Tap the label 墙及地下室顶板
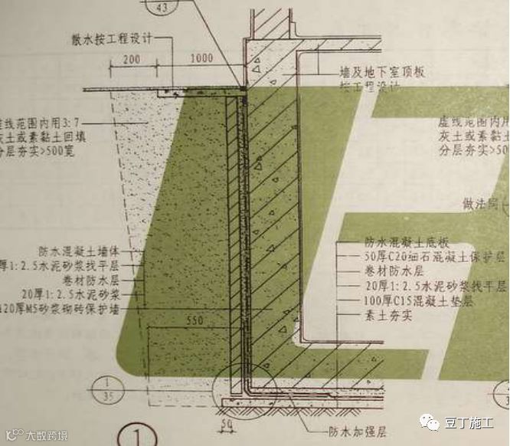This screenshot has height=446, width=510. click(x=382, y=72)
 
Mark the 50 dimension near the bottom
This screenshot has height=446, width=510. click(x=227, y=425)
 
